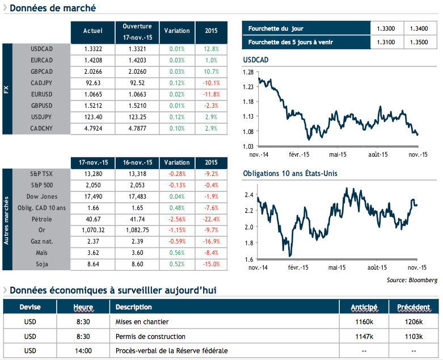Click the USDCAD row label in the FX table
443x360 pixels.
pyautogui.click(x=42, y=49)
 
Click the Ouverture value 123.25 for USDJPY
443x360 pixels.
pyautogui.click(x=138, y=117)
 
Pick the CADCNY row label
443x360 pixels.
pyautogui.click(x=41, y=128)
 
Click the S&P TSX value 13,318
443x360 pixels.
pyautogui.click(x=138, y=174)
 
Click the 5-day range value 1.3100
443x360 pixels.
pyautogui.click(x=386, y=43)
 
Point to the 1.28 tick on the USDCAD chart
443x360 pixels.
pyautogui.click(x=248, y=72)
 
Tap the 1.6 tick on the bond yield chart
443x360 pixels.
pyautogui.click(x=250, y=259)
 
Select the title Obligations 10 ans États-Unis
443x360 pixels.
pyautogui.click(x=290, y=173)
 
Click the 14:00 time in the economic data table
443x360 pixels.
pyautogui.click(x=83, y=351)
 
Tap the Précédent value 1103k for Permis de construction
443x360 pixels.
pyautogui.click(x=414, y=336)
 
